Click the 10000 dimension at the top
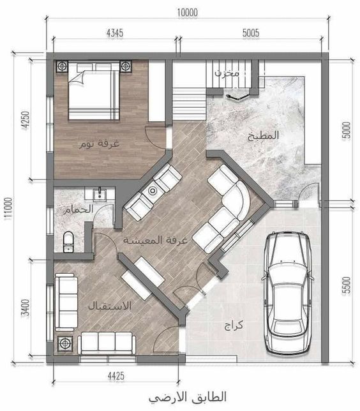(188, 13)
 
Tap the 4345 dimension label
(115, 33)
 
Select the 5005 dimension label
(251, 33)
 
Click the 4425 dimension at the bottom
(116, 377)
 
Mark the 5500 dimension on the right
(347, 286)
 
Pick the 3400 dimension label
(26, 308)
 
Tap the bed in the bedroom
(94, 91)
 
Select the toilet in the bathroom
(68, 242)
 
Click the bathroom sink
(100, 194)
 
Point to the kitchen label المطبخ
(263, 135)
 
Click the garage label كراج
(234, 326)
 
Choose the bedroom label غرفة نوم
(100, 144)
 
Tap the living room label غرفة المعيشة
(155, 240)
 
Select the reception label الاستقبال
(109, 306)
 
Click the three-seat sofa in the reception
(107, 343)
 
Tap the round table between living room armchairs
(153, 191)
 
